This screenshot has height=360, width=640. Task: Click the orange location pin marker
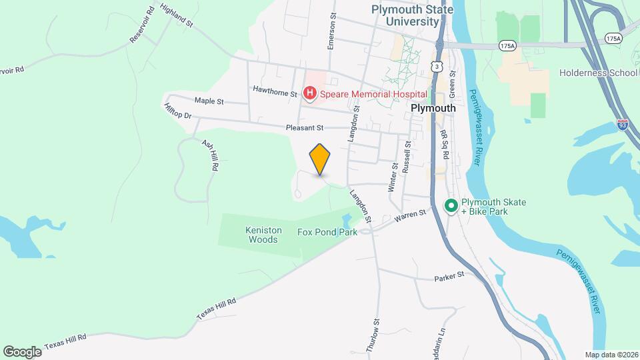point(320,159)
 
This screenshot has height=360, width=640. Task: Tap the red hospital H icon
point(309,94)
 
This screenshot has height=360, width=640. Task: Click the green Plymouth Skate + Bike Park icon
point(451,207)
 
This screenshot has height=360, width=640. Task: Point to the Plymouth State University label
point(413,15)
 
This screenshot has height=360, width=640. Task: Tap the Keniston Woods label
point(261,235)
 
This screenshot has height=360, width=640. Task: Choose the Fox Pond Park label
point(327,232)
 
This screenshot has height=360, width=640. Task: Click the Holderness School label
point(599,73)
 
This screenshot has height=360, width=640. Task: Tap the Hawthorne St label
point(275,90)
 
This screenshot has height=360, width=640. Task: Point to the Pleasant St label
point(304,127)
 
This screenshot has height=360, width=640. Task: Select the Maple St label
point(209,101)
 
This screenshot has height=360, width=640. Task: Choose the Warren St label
point(409,217)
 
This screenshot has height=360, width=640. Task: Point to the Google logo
point(22,351)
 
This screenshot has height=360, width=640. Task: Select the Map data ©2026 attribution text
point(611,355)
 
